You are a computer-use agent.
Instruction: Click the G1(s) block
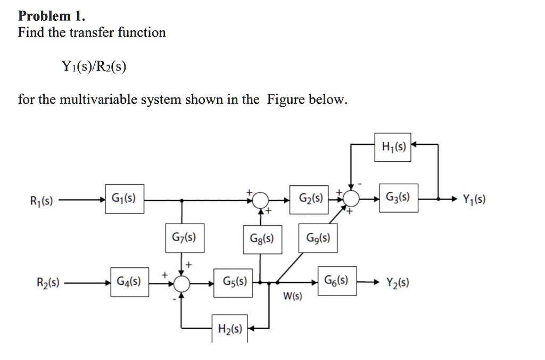pos(124,200)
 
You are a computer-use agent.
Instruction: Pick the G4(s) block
pos(130,282)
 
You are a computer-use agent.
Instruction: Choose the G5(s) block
pos(234,282)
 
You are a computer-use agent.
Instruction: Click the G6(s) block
pos(337,282)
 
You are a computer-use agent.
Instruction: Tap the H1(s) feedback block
pos(393,147)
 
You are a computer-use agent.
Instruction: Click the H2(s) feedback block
pos(230,330)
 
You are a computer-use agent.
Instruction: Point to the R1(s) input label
pos(41,201)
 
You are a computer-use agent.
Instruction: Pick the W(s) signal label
pos(292,296)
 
